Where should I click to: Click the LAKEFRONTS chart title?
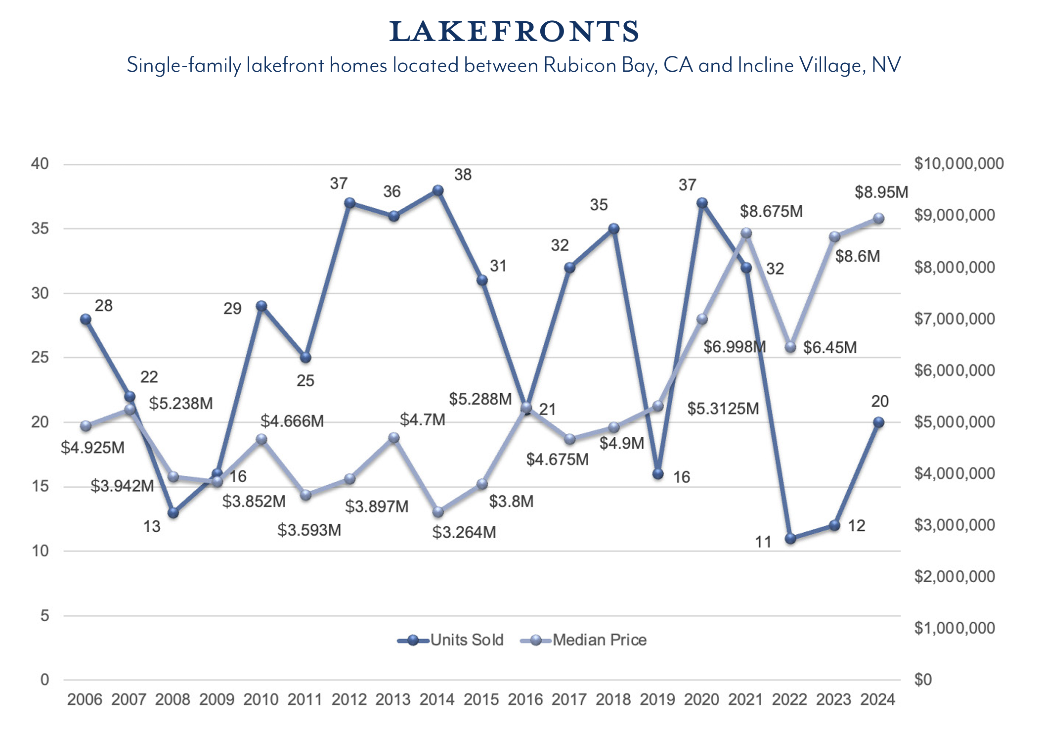tap(514, 32)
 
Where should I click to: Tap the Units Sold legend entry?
tap(450, 640)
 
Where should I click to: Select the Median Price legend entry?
tap(584, 640)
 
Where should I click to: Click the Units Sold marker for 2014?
tap(438, 190)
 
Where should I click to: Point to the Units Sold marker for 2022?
tap(790, 538)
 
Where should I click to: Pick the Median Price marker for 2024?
tap(878, 218)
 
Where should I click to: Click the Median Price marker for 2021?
tap(746, 233)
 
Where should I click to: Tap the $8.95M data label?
tap(881, 192)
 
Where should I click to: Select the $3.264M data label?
tap(464, 532)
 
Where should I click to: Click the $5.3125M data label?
tap(723, 409)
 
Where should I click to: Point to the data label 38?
tap(463, 175)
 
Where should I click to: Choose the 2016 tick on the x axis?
tap(525, 699)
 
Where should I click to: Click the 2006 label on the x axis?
tap(85, 699)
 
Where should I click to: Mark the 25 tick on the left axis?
tap(40, 357)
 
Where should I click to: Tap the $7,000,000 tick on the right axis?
tap(954, 319)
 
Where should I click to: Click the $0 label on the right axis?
tap(922, 680)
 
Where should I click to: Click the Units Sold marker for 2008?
tap(173, 512)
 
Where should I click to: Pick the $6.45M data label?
tap(829, 347)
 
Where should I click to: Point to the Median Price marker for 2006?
tap(86, 426)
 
